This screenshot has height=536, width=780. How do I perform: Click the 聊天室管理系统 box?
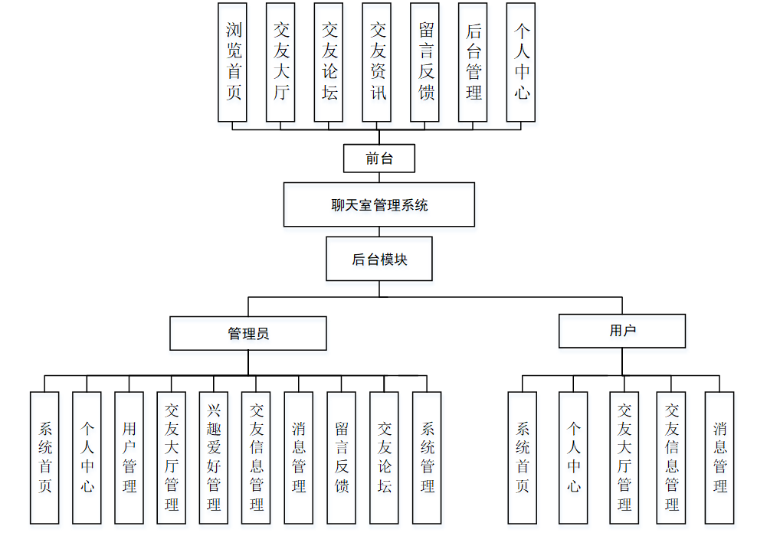(x=379, y=204)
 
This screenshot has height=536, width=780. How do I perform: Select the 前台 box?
(x=379, y=159)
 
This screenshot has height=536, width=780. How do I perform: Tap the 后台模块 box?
(x=379, y=259)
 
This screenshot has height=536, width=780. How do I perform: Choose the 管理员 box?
(x=248, y=333)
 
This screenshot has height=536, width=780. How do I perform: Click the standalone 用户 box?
(x=621, y=331)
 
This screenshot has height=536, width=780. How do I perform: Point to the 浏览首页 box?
(x=233, y=62)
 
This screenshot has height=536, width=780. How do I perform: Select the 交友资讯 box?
(x=377, y=62)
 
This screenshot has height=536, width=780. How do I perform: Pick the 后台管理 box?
(x=473, y=62)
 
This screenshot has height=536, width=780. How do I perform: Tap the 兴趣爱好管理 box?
(x=214, y=457)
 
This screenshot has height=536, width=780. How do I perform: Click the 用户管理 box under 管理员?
(x=129, y=457)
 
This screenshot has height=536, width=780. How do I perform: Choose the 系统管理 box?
(x=427, y=457)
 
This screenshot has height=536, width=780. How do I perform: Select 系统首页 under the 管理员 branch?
(x=44, y=457)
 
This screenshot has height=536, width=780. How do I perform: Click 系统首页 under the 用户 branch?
(x=523, y=457)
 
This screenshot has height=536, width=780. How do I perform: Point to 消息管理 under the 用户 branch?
(x=719, y=457)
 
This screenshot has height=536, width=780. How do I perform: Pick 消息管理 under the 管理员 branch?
(x=299, y=457)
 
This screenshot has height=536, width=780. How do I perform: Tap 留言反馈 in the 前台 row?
(x=425, y=62)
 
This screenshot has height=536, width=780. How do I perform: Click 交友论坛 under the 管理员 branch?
(x=384, y=457)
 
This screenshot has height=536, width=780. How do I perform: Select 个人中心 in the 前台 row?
(x=521, y=62)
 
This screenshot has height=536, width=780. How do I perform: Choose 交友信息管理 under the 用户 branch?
(x=671, y=457)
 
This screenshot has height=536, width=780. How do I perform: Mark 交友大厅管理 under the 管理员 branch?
(x=171, y=457)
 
